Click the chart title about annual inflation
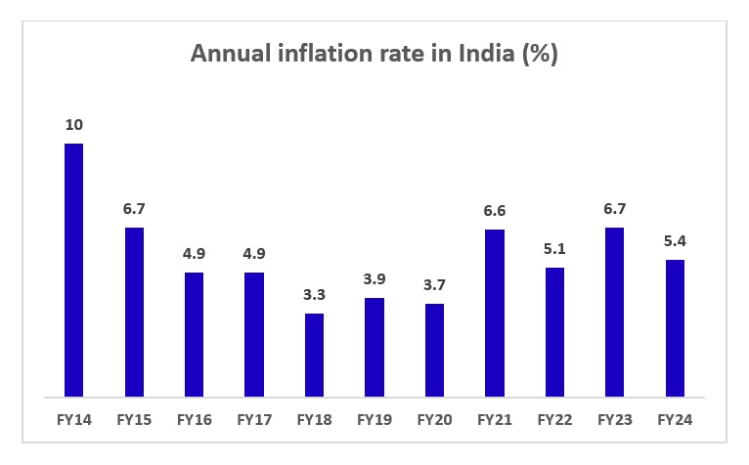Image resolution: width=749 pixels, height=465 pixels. [374, 55]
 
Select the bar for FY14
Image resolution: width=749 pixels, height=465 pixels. [73, 271]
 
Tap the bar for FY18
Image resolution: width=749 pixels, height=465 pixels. [314, 356]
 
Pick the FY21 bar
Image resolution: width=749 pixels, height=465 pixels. [494, 314]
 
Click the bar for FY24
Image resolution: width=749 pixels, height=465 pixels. [675, 328]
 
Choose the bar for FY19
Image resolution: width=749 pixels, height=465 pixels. [374, 348]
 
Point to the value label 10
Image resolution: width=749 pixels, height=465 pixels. [73, 125]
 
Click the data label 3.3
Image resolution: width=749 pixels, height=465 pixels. [314, 295]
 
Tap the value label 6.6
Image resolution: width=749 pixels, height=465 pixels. [494, 211]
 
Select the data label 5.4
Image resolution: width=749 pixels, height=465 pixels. [675, 241]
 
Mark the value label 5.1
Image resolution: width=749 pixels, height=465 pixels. [554, 249]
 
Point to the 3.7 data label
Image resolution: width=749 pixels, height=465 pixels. [434, 285]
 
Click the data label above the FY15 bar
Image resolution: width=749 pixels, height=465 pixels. [134, 209]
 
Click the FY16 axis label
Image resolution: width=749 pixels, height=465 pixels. [194, 421]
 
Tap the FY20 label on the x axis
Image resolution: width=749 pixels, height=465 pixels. [434, 421]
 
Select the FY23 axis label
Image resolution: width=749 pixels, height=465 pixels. [614, 421]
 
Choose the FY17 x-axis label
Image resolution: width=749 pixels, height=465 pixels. [254, 421]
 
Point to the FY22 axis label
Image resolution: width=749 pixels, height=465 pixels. [554, 421]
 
